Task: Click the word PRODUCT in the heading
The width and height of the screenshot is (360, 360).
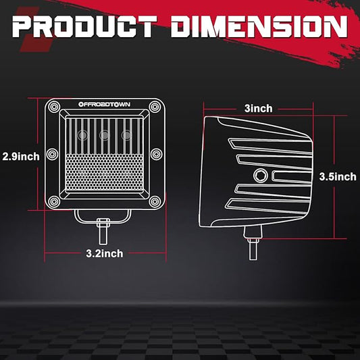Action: coord(84,26)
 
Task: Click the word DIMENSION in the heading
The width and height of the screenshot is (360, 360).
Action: coord(259,26)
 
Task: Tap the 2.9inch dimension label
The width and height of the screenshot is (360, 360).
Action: coord(21,157)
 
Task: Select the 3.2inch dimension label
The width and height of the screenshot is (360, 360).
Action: coord(105,253)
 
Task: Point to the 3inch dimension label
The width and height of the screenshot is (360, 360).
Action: coord(258,108)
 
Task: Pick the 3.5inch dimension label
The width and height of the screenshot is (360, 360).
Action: coord(338,177)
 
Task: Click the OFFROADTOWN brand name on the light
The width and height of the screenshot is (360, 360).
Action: coord(104,105)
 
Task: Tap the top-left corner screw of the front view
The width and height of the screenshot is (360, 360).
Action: coord(54,107)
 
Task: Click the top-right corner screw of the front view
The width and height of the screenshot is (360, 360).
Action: coord(155,107)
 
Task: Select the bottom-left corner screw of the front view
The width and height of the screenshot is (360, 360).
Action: coord(54,201)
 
